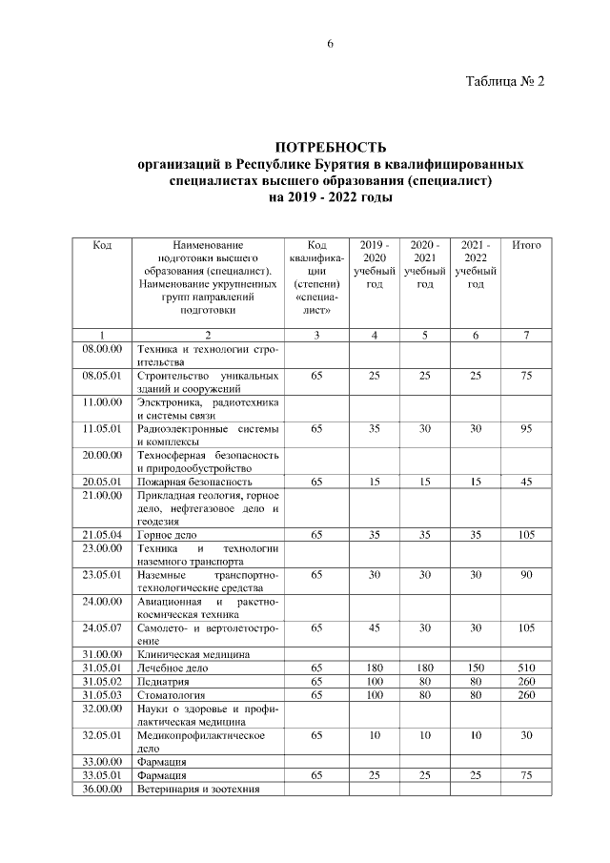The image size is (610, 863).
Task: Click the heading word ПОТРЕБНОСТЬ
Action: (x=330, y=148)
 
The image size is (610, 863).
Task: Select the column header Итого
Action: (x=526, y=245)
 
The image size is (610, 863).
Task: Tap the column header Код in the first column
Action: (x=102, y=245)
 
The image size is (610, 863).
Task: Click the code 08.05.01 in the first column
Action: (x=102, y=376)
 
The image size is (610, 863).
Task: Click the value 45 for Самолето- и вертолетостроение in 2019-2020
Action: (x=375, y=627)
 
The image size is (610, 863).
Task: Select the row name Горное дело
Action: (x=167, y=537)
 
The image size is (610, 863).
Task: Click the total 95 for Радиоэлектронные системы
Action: (x=526, y=429)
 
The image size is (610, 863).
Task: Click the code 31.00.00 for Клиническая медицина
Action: (x=102, y=654)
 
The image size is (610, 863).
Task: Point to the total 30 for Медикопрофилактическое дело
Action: (x=526, y=735)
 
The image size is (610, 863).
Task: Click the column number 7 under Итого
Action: (x=526, y=335)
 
